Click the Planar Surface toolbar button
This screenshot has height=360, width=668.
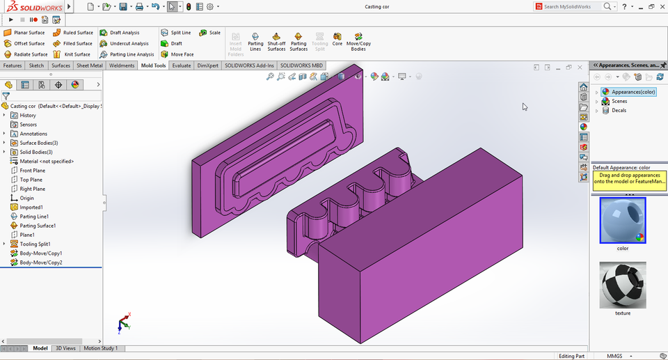[24, 33]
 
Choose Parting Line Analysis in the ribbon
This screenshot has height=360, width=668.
[127, 54]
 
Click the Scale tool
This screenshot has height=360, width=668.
[210, 33]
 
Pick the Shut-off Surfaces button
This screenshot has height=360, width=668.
[276, 42]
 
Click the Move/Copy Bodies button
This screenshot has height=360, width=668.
[358, 42]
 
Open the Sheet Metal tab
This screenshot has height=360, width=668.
[89, 65]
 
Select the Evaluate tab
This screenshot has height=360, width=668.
[182, 65]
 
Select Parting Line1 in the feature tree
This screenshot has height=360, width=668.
[34, 217]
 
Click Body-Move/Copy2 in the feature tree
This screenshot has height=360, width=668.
[40, 263]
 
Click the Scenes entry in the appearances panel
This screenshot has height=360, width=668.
[619, 101]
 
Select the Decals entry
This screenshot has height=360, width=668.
[619, 110]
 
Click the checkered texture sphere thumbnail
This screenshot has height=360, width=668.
[622, 285]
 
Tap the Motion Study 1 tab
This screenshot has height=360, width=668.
[101, 348]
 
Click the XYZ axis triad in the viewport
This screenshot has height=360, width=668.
[124, 322]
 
